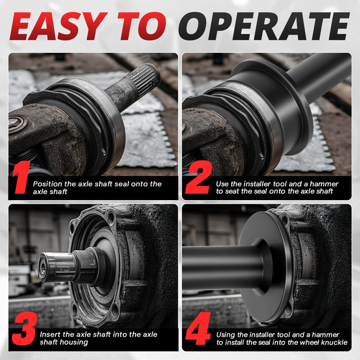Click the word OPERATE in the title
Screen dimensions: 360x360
[264, 26]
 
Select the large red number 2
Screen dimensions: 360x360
[199, 177]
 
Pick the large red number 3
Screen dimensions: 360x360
[24, 328]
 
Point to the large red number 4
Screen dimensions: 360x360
[198, 328]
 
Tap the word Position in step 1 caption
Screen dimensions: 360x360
[48, 184]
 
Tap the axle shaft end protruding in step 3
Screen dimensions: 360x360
[57, 266]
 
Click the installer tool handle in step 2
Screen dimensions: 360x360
[319, 76]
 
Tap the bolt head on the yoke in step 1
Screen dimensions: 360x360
[15, 123]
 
